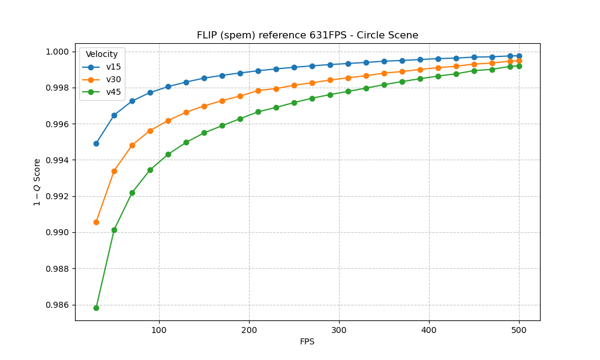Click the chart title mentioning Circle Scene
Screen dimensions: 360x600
(307, 35)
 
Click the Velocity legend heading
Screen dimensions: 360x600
(102, 54)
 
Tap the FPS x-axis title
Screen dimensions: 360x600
(307, 342)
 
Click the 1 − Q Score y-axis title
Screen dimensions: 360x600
(37, 182)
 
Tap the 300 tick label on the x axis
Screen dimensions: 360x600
(339, 329)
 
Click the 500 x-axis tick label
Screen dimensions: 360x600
(519, 329)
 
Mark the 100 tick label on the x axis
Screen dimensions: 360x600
(159, 329)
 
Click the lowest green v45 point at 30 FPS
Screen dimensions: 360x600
(96, 308)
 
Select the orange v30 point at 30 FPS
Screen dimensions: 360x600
(96, 222)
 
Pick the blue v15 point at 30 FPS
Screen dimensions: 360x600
(96, 143)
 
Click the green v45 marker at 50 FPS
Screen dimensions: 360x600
(114, 230)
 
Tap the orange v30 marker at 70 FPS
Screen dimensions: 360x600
(132, 145)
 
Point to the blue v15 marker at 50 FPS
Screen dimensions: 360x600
(114, 115)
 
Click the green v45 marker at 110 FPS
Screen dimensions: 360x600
(168, 154)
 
